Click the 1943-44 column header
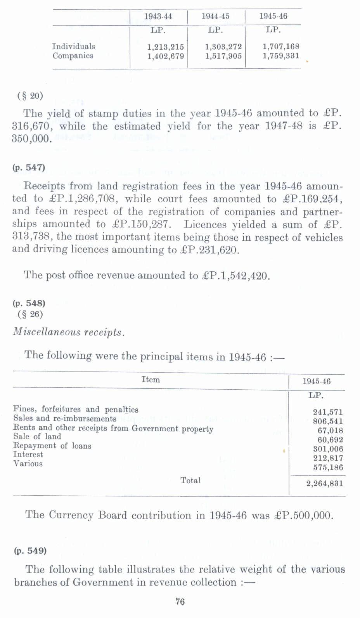[158, 16]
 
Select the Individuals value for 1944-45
[223, 47]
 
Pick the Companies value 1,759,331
[281, 56]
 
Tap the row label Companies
[73, 56]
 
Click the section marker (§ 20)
[30, 96]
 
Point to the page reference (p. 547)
[29, 168]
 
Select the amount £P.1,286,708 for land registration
[83, 199]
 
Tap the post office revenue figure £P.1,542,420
[236, 276]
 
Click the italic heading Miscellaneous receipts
[69, 332]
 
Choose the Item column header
[151, 380]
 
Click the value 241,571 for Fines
[328, 412]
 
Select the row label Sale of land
[37, 437]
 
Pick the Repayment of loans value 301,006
[328, 449]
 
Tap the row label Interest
[28, 455]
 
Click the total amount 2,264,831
[324, 484]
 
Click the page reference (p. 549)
[30, 551]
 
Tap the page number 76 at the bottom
[180, 602]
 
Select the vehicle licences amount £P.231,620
[210, 250]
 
